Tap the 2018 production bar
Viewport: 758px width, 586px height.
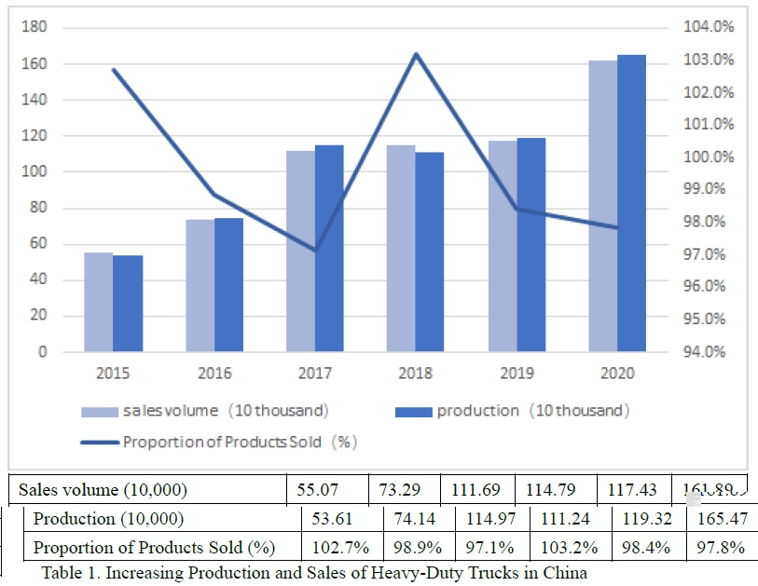click(430, 252)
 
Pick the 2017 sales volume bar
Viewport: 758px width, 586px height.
click(300, 251)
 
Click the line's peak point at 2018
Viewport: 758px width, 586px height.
click(416, 54)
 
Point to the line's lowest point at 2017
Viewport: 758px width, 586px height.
click(315, 250)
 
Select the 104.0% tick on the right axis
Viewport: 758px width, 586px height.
click(709, 27)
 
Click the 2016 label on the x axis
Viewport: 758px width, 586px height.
click(214, 374)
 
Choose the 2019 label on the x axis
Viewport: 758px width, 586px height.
click(517, 374)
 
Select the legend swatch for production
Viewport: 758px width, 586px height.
click(414, 411)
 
